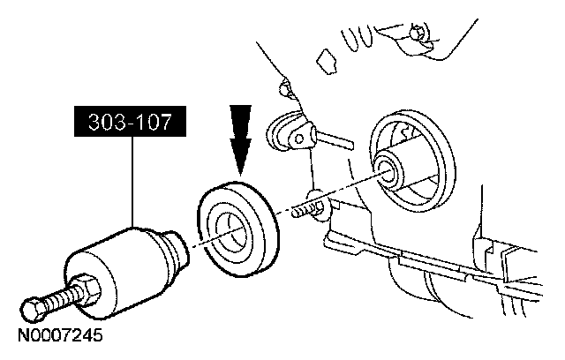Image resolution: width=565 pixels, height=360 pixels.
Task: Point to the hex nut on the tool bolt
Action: [88, 286]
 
